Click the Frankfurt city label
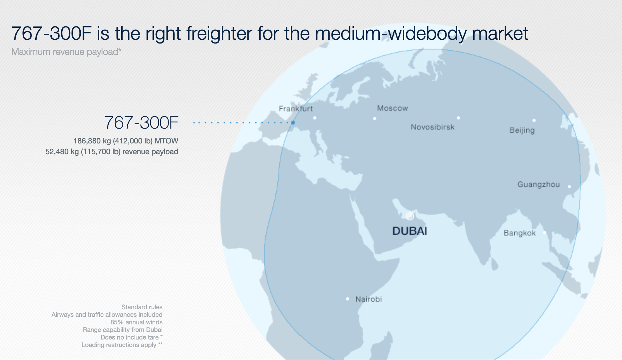[296, 109]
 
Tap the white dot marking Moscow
[374, 119]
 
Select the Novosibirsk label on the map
[432, 127]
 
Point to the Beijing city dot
[534, 120]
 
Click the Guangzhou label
[538, 184]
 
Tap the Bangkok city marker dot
[544, 233]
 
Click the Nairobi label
[368, 299]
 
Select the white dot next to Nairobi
[347, 299]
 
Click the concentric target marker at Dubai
[410, 216]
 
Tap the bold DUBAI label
[410, 231]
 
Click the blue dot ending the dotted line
[293, 123]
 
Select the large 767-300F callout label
[141, 123]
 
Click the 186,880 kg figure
[92, 141]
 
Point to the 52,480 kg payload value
[62, 152]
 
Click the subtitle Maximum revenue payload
[66, 52]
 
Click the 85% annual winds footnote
[136, 322]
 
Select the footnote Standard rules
[142, 307]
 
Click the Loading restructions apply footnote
[122, 345]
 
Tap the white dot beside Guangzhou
[569, 187]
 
